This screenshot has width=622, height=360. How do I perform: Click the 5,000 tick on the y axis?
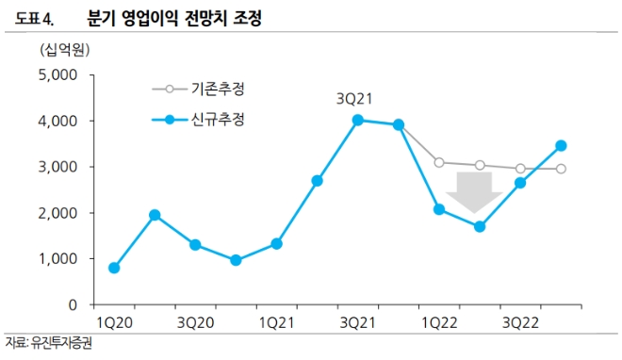click(x=60, y=75)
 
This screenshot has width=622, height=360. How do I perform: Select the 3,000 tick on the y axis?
click(x=60, y=167)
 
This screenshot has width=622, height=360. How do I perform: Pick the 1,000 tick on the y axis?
click(x=60, y=259)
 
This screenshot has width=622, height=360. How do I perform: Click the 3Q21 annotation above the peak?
click(x=356, y=98)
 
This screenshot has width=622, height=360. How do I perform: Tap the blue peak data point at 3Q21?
click(x=357, y=120)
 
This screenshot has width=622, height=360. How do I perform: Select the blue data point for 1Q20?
click(x=114, y=268)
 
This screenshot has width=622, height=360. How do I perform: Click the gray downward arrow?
click(x=474, y=191)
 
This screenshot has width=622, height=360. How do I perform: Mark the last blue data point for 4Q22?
click(x=561, y=145)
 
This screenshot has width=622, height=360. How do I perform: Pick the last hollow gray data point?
click(x=561, y=169)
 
